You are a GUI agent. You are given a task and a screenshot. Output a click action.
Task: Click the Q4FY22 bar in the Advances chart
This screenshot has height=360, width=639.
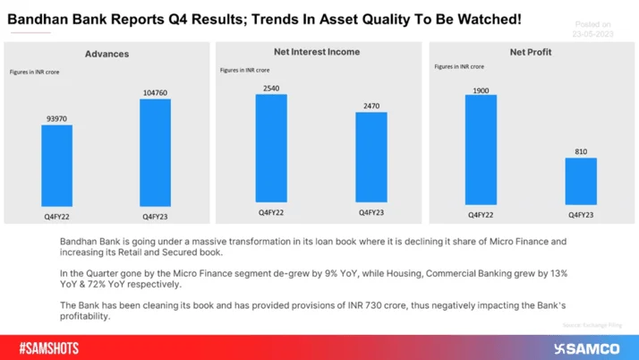tap(57, 167)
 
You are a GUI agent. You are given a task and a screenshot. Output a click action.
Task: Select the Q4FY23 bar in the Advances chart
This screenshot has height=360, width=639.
tap(156, 153)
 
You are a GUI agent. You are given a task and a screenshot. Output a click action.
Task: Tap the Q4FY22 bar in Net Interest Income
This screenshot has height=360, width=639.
tap(271, 149)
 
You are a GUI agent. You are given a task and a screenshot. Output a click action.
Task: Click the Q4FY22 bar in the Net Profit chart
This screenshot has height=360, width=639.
tap(481, 149)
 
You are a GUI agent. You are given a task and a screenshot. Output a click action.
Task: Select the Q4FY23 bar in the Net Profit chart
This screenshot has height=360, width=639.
tap(580, 183)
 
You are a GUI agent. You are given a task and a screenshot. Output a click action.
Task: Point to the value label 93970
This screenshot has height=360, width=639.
tap(57, 117)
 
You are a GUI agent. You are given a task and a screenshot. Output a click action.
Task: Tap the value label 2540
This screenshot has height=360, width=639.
tap(271, 87)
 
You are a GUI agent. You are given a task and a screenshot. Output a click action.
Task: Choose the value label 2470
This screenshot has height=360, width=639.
tap(371, 106)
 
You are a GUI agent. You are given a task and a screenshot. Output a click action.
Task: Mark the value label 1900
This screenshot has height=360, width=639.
tap(481, 87)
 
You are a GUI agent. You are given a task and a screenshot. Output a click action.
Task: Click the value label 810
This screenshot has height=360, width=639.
tap(580, 151)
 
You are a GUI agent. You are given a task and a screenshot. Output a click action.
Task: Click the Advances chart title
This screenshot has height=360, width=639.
tap(106, 54)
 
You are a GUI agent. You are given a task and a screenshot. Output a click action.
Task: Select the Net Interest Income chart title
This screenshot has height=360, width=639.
tap(318, 52)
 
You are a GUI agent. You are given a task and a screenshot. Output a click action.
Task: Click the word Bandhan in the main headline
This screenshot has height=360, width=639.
tap(38, 18)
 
